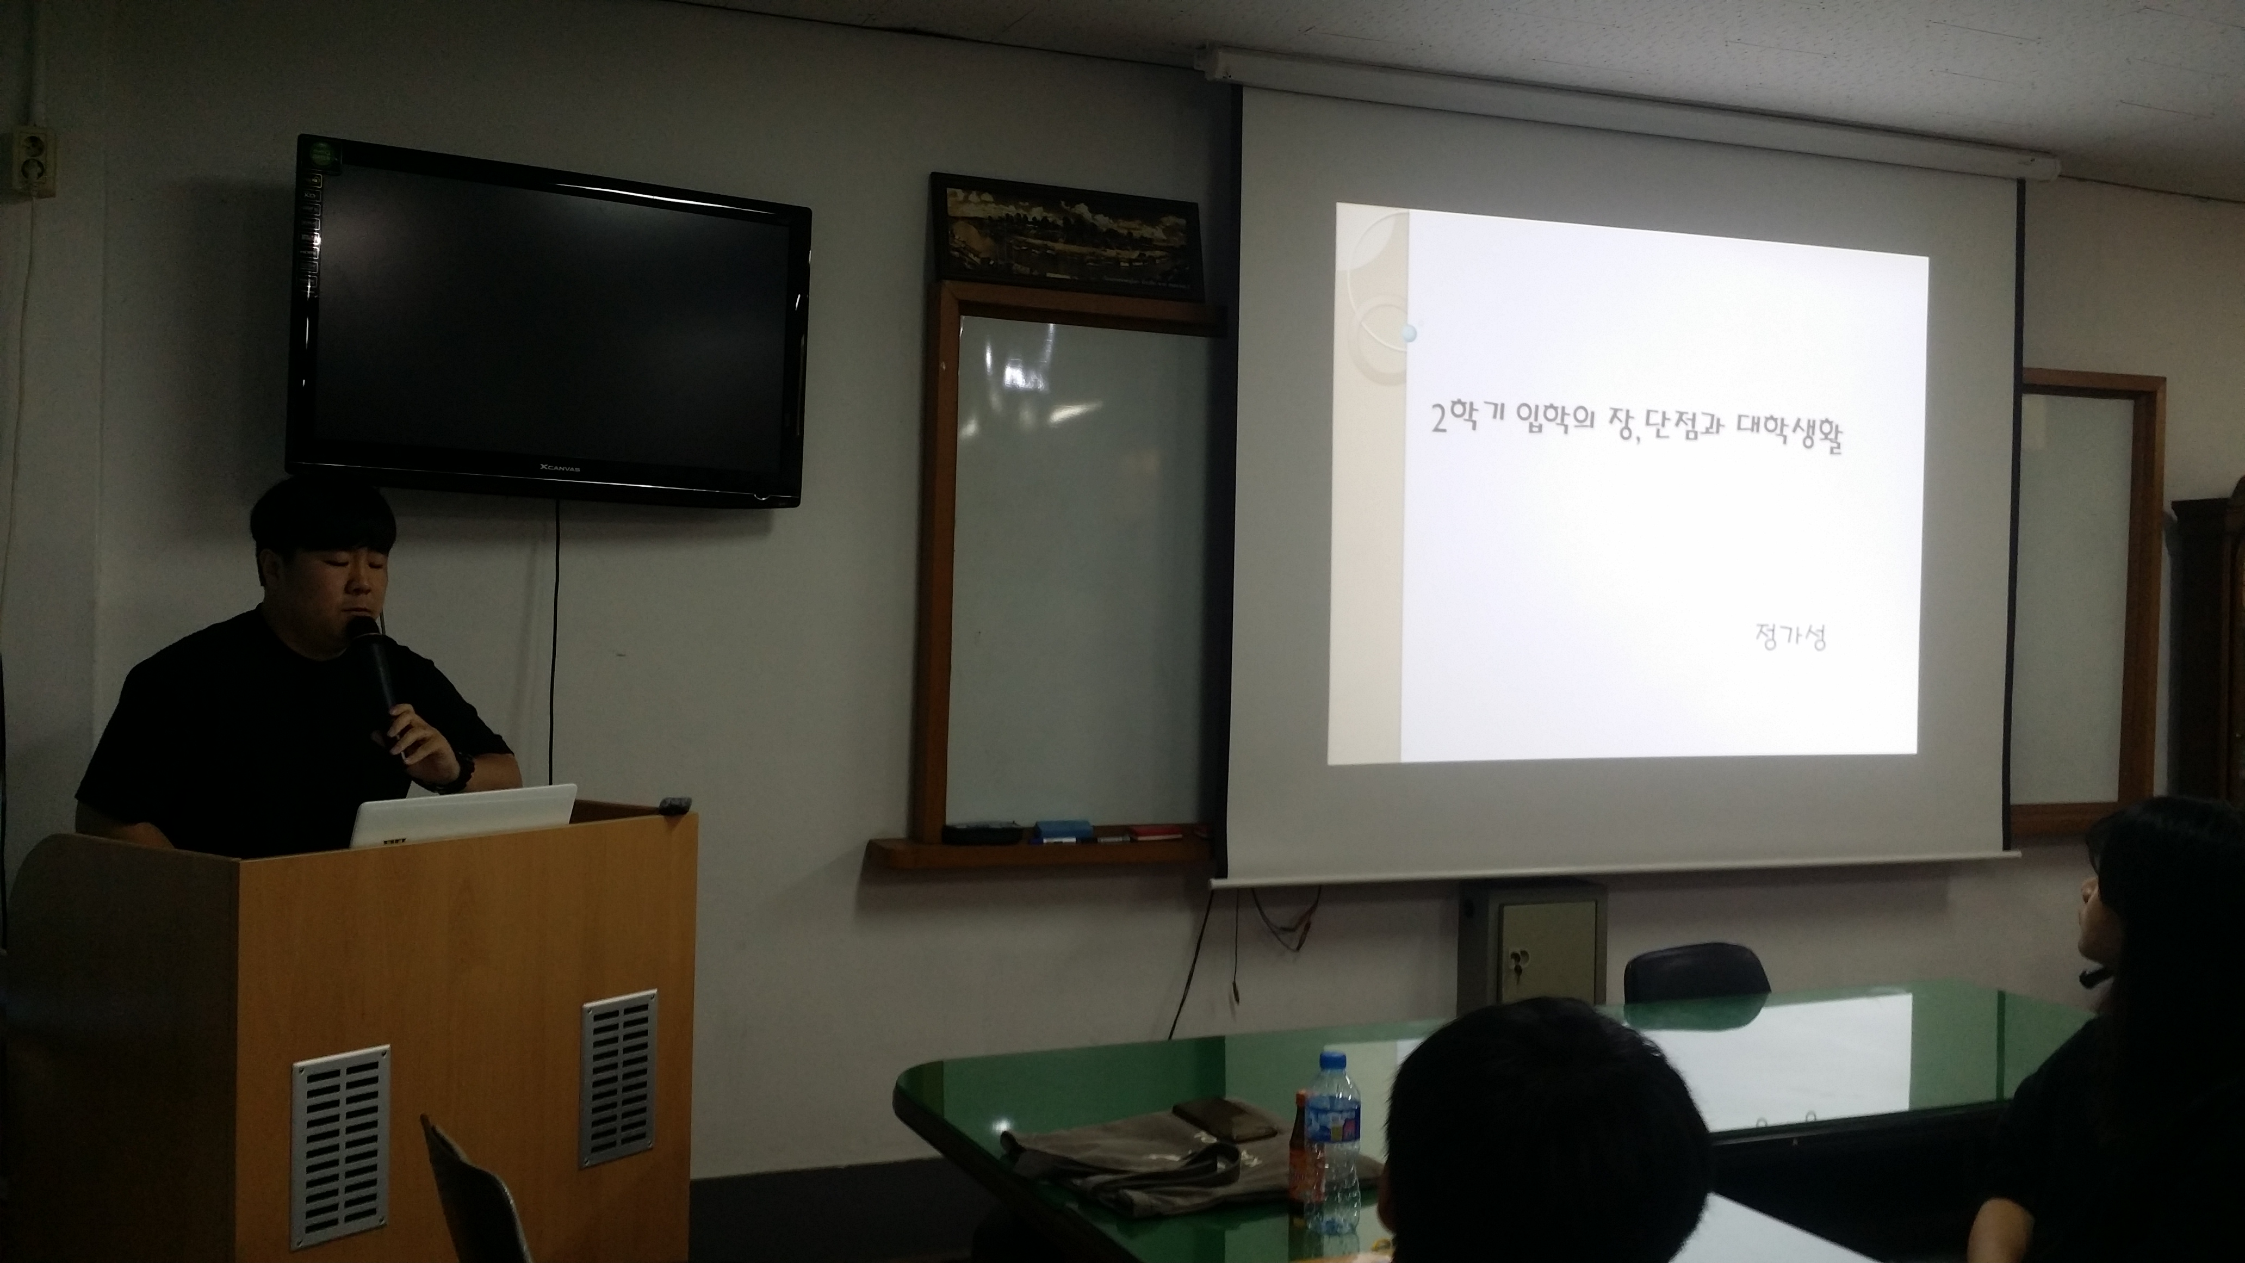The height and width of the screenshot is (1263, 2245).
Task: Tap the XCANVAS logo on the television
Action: point(559,469)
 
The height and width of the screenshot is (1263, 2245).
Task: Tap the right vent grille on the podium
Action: point(619,1078)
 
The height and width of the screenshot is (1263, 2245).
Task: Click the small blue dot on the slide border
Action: point(1409,333)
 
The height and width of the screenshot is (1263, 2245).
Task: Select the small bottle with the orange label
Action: point(1302,1150)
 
